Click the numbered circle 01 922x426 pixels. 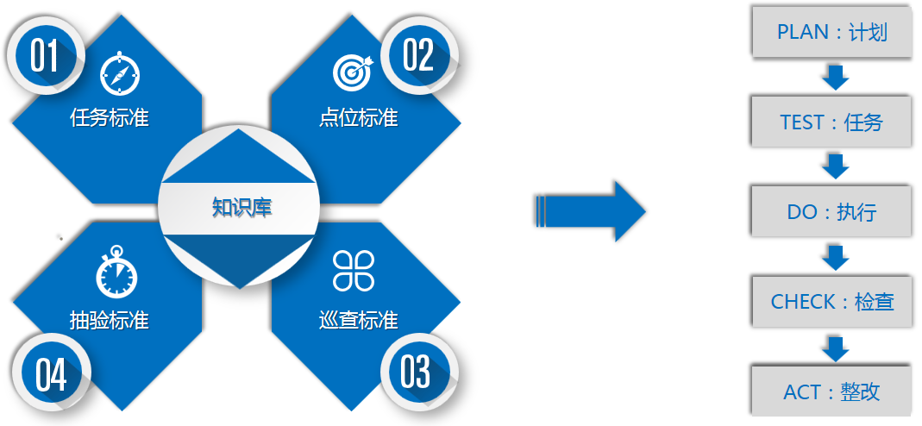click(x=45, y=55)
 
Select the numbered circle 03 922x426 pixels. click(x=418, y=372)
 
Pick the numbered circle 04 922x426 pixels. click(x=50, y=372)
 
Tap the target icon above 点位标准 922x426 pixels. click(x=353, y=72)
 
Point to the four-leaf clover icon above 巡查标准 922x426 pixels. click(x=354, y=271)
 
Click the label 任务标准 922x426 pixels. click(x=110, y=117)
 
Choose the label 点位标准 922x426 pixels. click(x=359, y=117)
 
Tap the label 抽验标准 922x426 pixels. click(x=110, y=320)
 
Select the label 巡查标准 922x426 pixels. click(x=359, y=320)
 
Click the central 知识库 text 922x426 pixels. click(x=241, y=208)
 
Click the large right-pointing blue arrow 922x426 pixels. click(x=591, y=211)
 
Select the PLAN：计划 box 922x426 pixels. click(x=831, y=32)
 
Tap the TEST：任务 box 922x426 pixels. click(x=831, y=122)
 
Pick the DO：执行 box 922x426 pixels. click(x=831, y=212)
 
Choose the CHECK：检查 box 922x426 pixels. click(x=831, y=302)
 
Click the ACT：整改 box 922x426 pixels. click(x=831, y=392)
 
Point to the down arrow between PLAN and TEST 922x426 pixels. click(x=836, y=77)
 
